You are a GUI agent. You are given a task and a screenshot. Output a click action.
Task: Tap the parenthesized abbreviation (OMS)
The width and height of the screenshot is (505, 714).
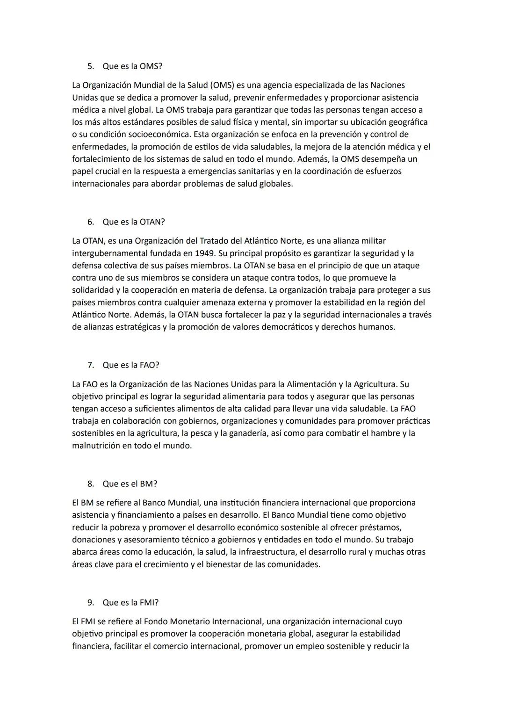point(222,86)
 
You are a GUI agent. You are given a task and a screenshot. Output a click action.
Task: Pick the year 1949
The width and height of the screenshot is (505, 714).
point(204,253)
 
